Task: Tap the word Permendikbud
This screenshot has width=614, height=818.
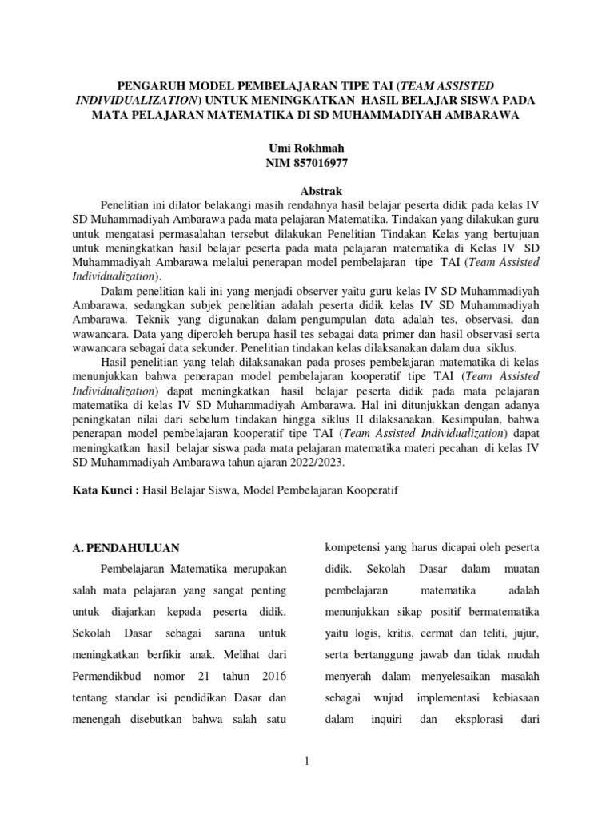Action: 107,677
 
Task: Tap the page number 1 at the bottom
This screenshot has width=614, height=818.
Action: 307,764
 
